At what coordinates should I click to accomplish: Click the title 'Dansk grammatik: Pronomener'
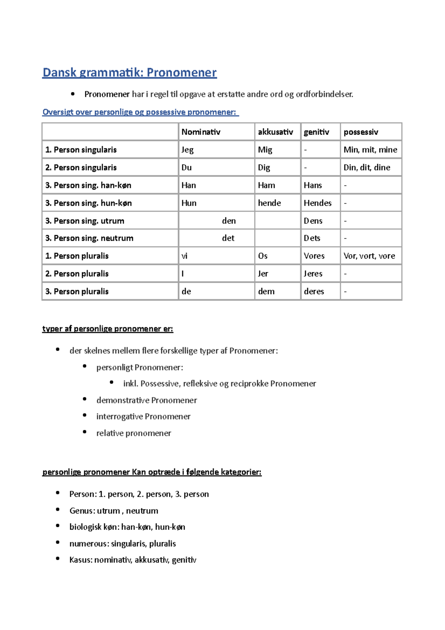point(129,72)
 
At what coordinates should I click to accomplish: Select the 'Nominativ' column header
point(201,132)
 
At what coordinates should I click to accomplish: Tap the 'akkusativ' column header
point(275,132)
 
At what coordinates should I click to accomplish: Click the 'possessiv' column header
point(360,132)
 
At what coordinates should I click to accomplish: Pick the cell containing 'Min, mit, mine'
point(370,150)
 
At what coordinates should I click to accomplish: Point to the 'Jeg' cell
point(187,150)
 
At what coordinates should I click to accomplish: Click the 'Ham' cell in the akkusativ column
point(266,186)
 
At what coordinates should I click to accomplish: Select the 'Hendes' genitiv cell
point(317,203)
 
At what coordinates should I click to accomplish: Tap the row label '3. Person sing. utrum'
point(85,221)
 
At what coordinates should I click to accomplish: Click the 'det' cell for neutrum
point(228,238)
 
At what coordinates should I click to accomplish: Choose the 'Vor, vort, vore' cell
point(369,256)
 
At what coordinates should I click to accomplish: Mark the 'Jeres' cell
point(313,274)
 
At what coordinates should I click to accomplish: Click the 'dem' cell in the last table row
point(266,292)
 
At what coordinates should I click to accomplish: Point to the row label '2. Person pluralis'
point(77,274)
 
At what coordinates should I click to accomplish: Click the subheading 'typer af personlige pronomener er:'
point(108,329)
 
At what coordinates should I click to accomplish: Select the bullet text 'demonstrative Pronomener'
point(146,400)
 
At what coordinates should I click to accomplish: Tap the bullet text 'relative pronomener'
point(133,433)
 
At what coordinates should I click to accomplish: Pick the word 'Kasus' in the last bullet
point(80,560)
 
